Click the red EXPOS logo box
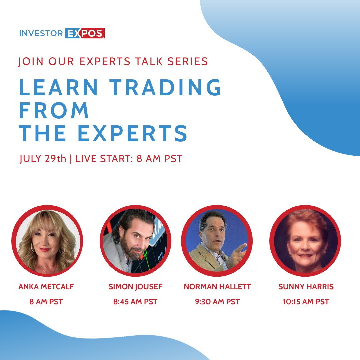click(x=85, y=33)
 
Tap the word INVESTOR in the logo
click(x=41, y=33)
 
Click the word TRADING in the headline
click(x=165, y=87)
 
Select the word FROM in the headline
click(x=54, y=110)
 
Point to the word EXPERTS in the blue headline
click(x=132, y=133)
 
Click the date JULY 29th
click(x=43, y=159)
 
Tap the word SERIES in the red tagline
click(x=188, y=61)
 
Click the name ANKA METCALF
click(x=46, y=287)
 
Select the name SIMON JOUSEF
click(x=135, y=287)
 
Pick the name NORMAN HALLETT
click(x=217, y=287)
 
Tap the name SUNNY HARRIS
click(x=306, y=287)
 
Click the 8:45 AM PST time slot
click(x=135, y=301)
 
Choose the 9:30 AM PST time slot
click(x=217, y=301)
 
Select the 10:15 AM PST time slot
click(x=306, y=301)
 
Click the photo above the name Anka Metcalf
click(x=47, y=241)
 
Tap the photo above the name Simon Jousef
click(x=135, y=241)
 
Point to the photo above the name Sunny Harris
click(x=305, y=241)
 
